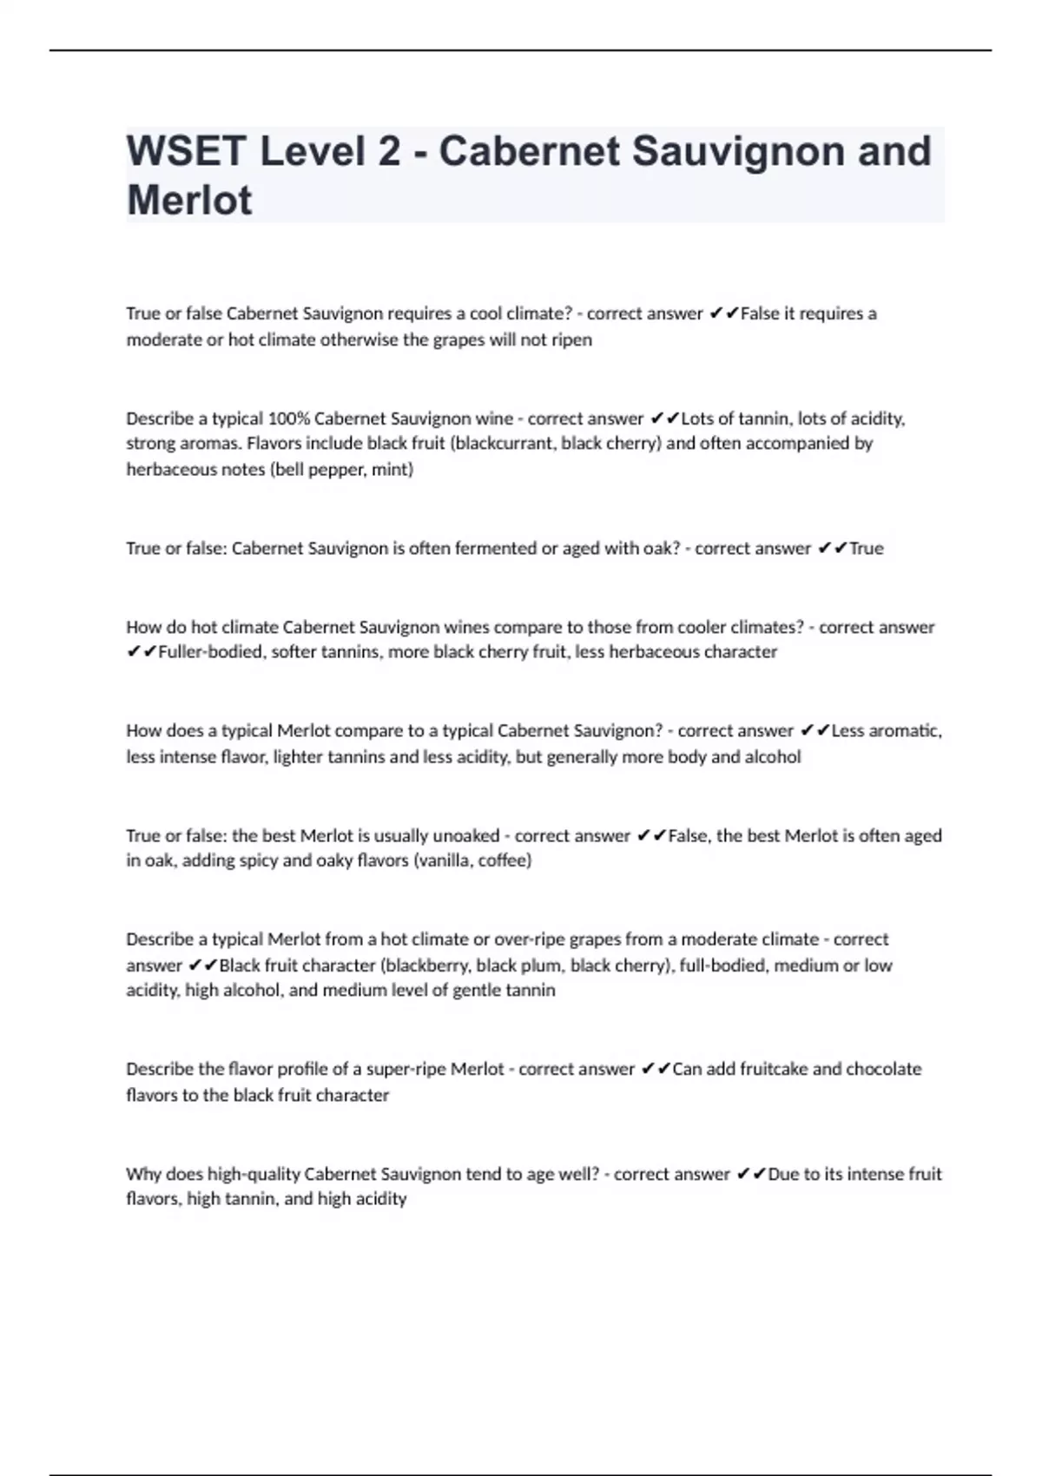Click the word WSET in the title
186,151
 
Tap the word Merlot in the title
189,201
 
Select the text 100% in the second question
288,418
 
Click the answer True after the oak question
866,549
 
